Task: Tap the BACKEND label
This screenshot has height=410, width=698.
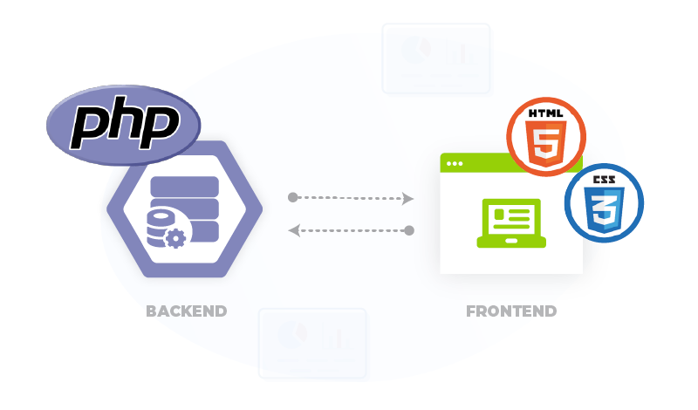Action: [x=187, y=311]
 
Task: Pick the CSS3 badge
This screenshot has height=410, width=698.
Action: [x=603, y=203]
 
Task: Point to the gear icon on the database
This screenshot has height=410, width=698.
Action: [x=175, y=236]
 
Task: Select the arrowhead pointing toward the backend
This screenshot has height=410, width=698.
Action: [x=295, y=231]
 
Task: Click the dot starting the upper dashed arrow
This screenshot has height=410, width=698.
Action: [x=292, y=197]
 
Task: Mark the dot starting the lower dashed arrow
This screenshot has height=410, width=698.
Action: [x=408, y=231]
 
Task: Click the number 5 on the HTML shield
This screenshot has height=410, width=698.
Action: [x=546, y=146]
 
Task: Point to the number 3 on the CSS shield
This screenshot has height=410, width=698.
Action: [x=603, y=212]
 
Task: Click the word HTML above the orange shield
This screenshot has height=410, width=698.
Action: [x=546, y=113]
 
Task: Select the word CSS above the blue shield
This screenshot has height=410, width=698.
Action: [x=603, y=179]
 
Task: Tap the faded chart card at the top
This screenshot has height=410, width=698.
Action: [x=435, y=58]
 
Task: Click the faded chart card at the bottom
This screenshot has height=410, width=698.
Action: [x=312, y=342]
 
